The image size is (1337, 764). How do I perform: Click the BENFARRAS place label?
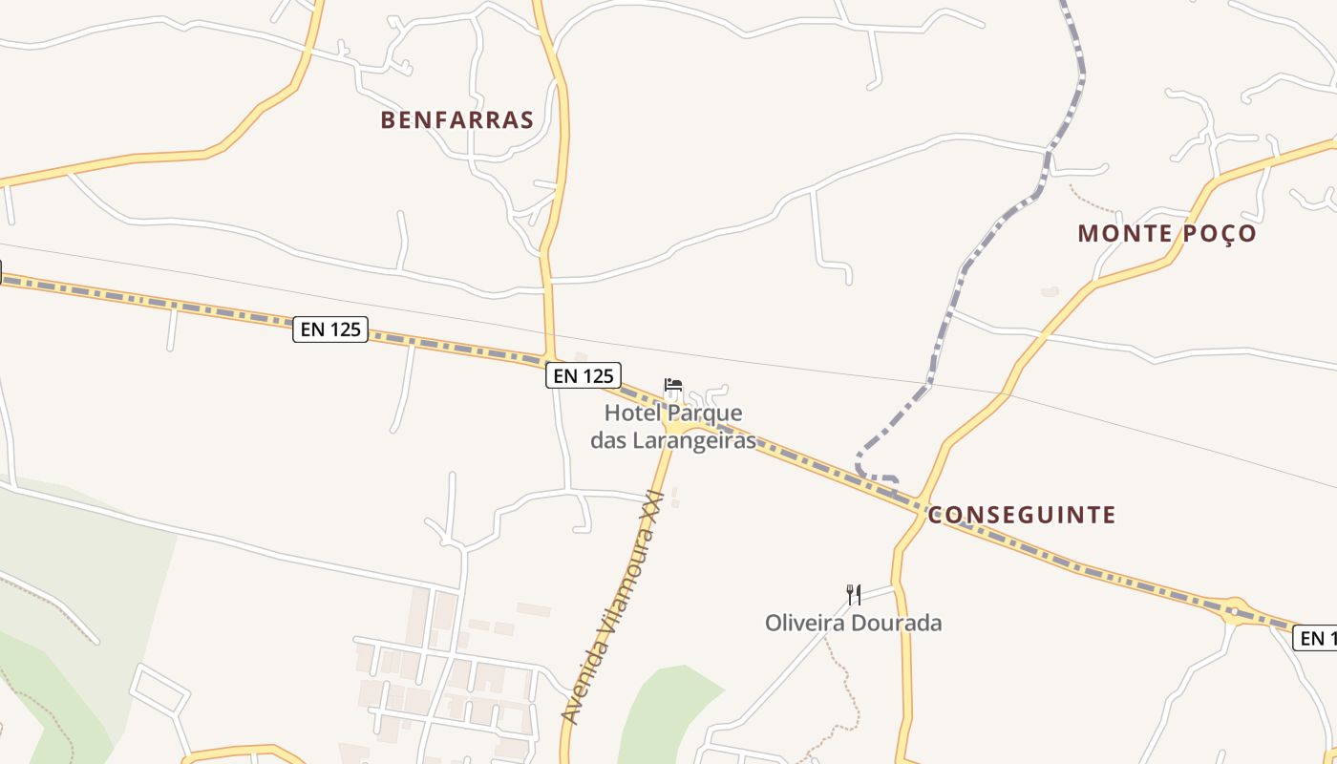456,119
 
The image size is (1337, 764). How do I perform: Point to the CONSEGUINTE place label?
1021,516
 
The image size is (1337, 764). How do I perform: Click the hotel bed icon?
673,387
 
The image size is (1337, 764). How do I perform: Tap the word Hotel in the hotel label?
632,414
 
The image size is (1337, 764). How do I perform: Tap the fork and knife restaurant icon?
854,595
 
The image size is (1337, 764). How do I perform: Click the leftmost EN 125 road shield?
329,329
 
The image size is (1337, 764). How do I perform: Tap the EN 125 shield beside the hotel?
584,375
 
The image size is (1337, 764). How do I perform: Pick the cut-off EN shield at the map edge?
1315,638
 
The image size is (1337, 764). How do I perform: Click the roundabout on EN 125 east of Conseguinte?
1234,609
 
